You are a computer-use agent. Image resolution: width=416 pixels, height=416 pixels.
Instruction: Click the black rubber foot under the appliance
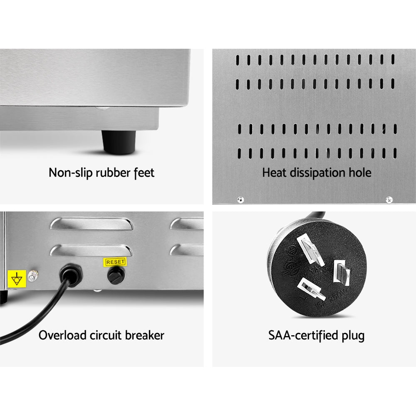click(119, 143)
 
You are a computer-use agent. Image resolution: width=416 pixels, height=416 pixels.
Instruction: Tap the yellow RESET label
click(114, 262)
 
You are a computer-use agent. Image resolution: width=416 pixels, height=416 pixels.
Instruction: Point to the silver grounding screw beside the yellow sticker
click(33, 275)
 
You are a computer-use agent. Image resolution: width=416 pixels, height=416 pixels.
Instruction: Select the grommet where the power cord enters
click(71, 274)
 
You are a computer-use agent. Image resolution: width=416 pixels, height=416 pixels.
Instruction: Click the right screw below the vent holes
click(389, 200)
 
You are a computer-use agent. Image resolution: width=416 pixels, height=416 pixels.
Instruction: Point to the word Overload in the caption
click(63, 335)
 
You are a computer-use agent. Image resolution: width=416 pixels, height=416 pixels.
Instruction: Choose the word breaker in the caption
click(144, 335)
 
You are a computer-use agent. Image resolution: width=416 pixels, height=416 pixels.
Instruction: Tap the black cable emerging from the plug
click(318, 217)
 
